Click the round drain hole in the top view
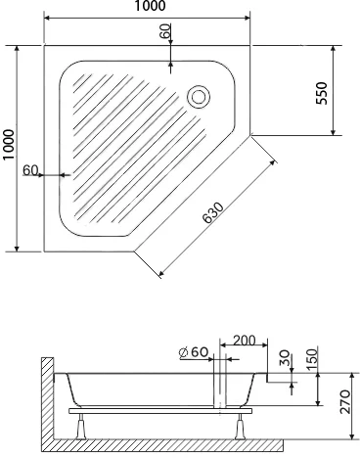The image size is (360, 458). coord(199,96)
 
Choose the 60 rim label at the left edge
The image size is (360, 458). coord(30,170)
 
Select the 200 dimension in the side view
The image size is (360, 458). coord(245,341)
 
